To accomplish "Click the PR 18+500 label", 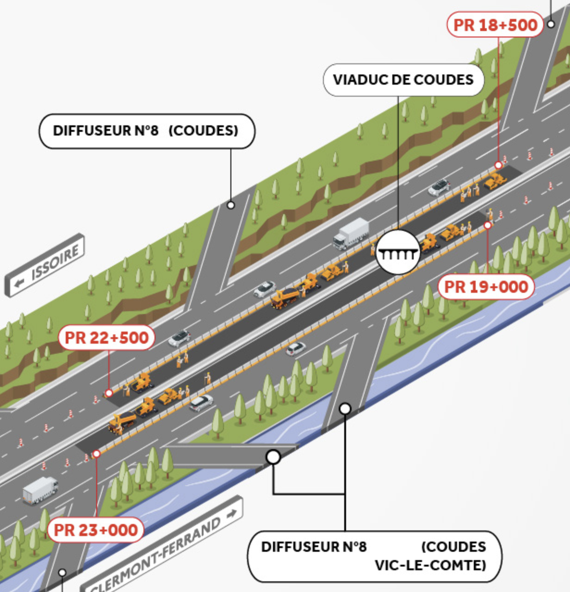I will (495, 25).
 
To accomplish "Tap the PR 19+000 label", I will (486, 287).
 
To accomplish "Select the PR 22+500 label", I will (106, 338).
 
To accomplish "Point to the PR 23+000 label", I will (96, 530).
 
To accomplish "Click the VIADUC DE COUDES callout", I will (403, 80).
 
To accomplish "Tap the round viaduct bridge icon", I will (397, 253).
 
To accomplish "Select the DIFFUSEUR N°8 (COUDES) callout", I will (146, 131).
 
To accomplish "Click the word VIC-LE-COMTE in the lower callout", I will (430, 565).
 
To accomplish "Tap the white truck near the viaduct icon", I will (352, 234).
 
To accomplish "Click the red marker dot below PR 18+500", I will (498, 165).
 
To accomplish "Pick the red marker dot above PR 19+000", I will (488, 225).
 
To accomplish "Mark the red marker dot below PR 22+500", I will (109, 393).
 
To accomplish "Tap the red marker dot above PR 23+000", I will (96, 454).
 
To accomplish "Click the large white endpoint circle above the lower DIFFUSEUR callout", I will (273, 457).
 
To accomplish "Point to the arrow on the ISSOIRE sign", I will (19, 283).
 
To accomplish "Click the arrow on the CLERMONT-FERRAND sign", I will (232, 513).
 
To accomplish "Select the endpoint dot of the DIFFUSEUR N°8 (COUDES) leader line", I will (231, 205).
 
